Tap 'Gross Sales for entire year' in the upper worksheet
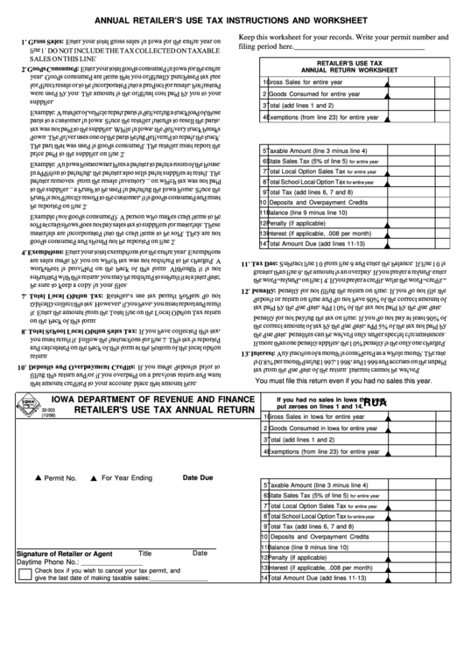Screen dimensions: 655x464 tap(306, 82)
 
